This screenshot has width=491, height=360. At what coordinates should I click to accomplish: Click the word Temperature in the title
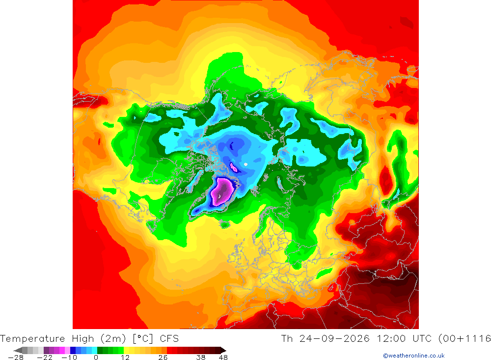[x=32, y=339]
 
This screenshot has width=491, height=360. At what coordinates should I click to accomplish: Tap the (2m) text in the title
[x=113, y=339]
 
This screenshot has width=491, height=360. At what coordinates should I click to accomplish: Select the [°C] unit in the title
[x=143, y=339]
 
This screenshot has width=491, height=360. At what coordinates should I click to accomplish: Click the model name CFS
[x=169, y=339]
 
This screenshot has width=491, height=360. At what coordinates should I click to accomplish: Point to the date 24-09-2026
[x=334, y=339]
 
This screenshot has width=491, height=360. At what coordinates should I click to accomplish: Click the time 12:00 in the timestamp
[x=391, y=339]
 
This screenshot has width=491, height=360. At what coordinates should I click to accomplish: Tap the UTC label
[x=422, y=339]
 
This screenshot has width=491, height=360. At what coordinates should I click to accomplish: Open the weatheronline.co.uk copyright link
[x=413, y=356]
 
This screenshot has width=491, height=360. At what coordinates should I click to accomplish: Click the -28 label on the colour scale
[x=16, y=358]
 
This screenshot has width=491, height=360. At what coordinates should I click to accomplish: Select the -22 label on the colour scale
[x=45, y=358]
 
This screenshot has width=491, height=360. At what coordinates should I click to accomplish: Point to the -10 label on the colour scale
[x=69, y=358]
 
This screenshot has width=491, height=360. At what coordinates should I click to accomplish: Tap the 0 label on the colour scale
[x=96, y=358]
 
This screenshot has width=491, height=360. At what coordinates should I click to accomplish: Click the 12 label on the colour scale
[x=125, y=358]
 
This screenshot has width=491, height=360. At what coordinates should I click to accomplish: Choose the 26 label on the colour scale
[x=163, y=358]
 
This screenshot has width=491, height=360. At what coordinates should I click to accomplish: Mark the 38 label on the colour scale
[x=201, y=358]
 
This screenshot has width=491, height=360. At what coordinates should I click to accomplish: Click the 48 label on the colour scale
[x=223, y=358]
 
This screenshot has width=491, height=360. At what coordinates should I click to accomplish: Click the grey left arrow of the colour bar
[x=18, y=350]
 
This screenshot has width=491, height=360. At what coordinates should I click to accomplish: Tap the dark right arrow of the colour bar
[x=223, y=350]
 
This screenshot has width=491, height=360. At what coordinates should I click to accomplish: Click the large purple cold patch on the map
[x=222, y=191]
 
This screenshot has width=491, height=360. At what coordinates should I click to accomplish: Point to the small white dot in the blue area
[x=246, y=164]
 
